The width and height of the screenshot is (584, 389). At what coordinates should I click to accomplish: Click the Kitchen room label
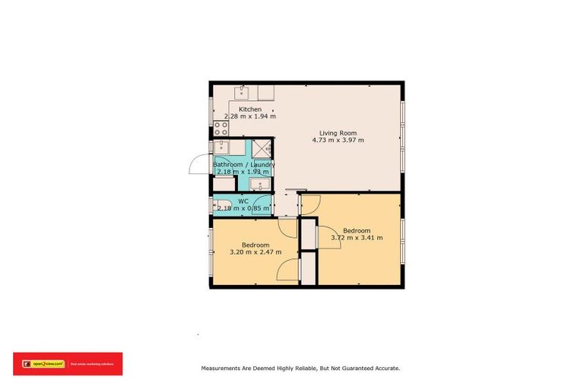pos(250,109)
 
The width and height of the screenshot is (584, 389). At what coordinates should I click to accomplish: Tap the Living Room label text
pos(338,133)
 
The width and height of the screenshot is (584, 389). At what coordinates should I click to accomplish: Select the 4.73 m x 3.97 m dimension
pos(338,141)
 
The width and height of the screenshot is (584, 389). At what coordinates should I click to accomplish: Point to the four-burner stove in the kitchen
pos(221,128)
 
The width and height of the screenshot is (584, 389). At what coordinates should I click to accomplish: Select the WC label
pos(243,201)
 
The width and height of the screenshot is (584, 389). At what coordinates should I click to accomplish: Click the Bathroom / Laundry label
pos(244,165)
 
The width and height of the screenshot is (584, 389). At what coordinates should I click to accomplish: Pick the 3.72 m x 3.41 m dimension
pos(357,238)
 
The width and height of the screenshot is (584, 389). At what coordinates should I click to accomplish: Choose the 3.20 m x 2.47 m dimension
pos(255,252)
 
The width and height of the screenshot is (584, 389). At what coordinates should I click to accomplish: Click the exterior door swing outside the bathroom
pos(200,164)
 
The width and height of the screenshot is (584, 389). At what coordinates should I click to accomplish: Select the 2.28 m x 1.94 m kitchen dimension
pos(250,117)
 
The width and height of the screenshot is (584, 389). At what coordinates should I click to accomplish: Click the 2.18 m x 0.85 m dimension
pos(243,208)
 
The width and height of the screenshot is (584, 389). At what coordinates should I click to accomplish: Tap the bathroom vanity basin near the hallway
pos(258,185)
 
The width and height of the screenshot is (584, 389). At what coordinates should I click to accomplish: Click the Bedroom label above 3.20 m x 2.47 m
pos(255,245)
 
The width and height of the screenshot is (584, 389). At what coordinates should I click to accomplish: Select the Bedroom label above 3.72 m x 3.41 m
pos(357,230)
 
